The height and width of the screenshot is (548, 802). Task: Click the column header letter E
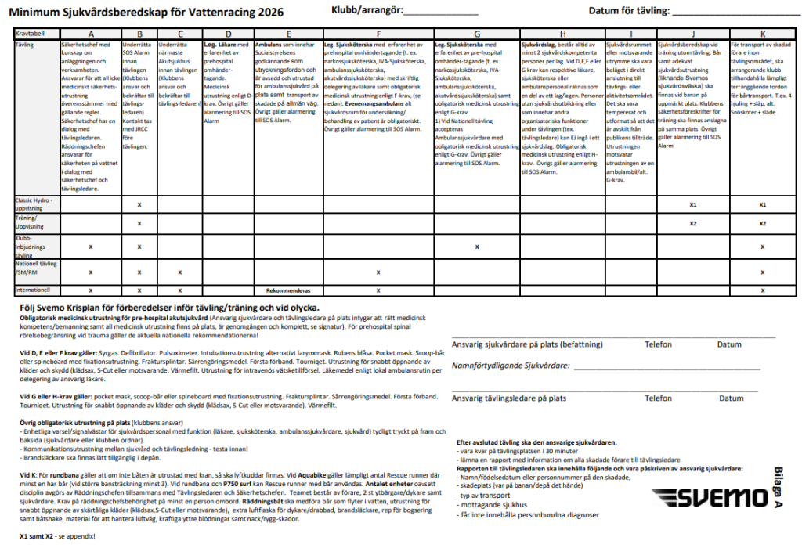click(x=288, y=34)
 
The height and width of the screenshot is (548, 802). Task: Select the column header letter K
click(x=763, y=34)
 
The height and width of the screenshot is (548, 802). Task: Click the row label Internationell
click(x=34, y=290)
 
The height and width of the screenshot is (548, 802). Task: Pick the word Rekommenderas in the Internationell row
click(x=288, y=290)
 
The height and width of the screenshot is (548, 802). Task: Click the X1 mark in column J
click(x=693, y=205)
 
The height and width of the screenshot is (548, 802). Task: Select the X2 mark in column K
click(x=763, y=224)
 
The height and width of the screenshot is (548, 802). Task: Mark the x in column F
click(x=378, y=272)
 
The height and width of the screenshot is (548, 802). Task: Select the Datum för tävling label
click(x=629, y=11)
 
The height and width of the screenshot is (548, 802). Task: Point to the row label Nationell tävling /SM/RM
click(x=34, y=268)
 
